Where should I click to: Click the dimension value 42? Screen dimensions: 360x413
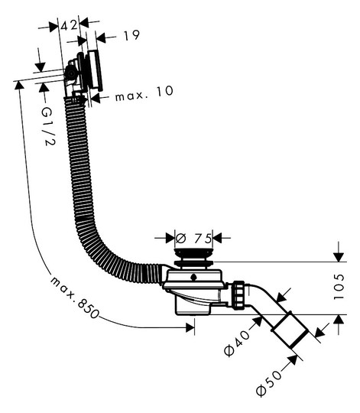pos(70,25)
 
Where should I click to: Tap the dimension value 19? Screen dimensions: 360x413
pos(131,35)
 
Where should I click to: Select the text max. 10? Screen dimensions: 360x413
pos(144,93)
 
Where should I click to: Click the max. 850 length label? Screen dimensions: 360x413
pos(74,298)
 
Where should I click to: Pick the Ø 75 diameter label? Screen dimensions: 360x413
pos(194,239)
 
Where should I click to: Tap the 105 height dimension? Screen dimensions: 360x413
pos(339,287)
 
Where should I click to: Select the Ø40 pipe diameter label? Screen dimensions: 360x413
pos(237,343)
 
